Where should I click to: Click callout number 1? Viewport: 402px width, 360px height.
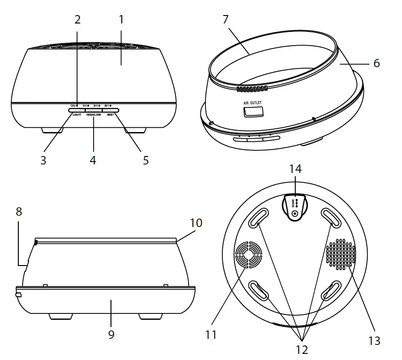pos(121,20)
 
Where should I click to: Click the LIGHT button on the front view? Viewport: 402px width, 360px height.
pos(77,110)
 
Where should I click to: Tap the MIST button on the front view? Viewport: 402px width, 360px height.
pos(110,110)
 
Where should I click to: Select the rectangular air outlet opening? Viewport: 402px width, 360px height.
pos(253,111)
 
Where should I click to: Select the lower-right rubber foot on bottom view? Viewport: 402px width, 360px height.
pos(331,291)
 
